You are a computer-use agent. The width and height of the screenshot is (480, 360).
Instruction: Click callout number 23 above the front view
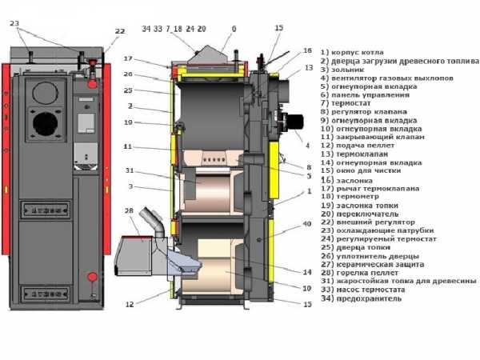tap(14, 23)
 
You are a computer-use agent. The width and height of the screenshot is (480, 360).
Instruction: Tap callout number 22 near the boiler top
tap(120, 32)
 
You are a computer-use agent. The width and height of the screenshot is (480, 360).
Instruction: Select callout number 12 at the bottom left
tap(130, 304)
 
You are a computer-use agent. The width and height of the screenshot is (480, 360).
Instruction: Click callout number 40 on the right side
tap(306, 223)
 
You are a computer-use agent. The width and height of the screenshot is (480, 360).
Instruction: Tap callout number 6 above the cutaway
tap(234, 28)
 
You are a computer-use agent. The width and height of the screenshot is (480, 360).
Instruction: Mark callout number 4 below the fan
tap(306, 146)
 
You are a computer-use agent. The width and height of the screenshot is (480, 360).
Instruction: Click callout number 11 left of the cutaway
tap(128, 147)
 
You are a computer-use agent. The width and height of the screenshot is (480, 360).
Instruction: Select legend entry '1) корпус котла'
tap(353, 53)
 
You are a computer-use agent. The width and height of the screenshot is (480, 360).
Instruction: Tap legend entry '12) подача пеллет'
tap(359, 146)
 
